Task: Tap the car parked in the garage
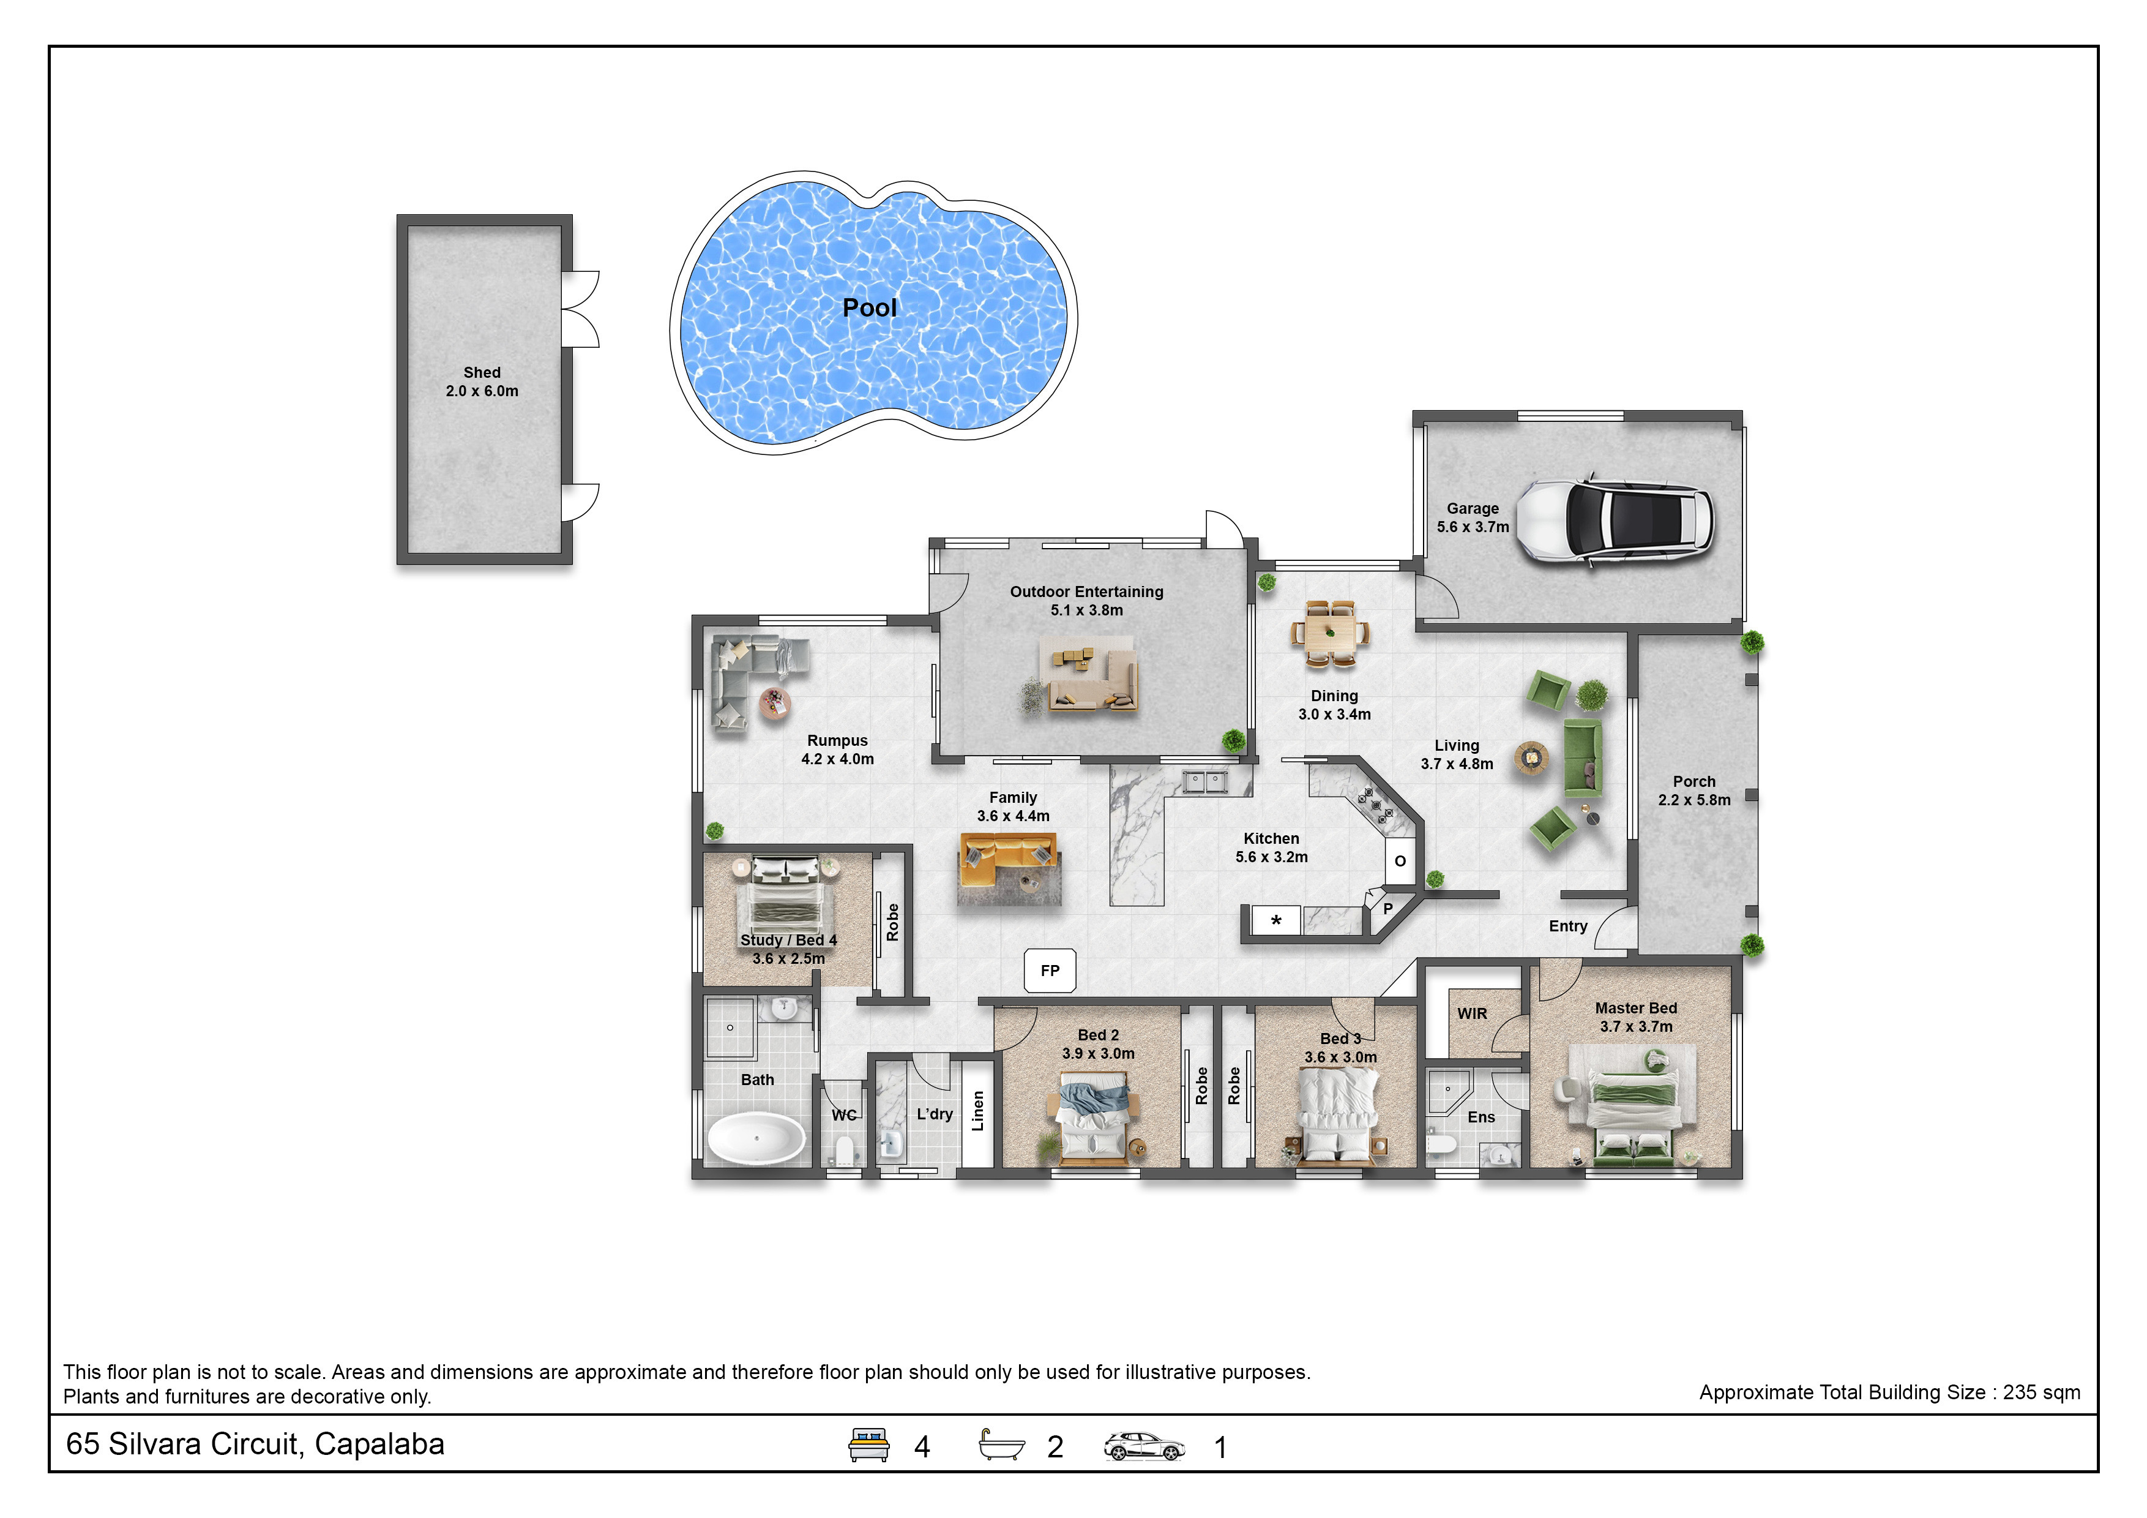(1615, 521)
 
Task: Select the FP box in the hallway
(1050, 971)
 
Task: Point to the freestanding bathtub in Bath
(756, 1137)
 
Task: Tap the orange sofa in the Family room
(1008, 860)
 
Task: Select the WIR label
(1472, 1014)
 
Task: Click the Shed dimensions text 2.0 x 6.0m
(482, 391)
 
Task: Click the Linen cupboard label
(978, 1111)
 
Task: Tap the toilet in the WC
(845, 1149)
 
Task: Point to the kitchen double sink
(1204, 781)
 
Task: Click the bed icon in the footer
(868, 1444)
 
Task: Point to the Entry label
(1568, 926)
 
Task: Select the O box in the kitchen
(1400, 860)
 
